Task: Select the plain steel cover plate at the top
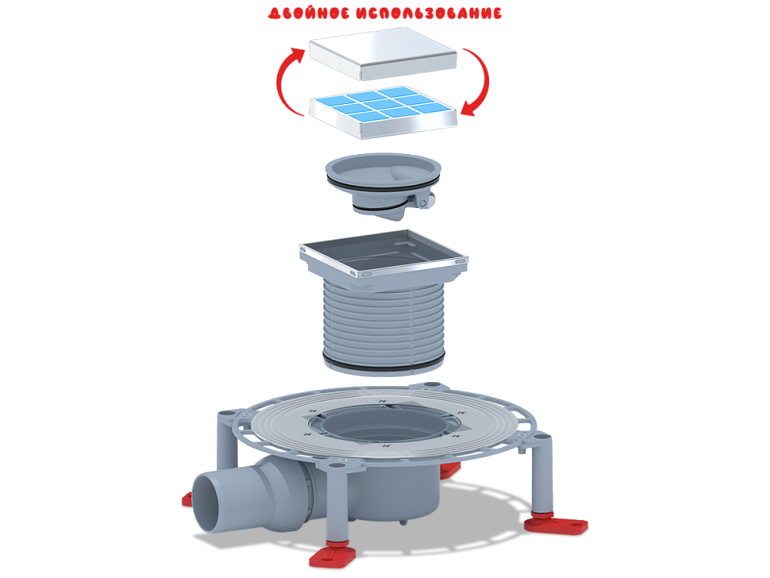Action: pos(383,53)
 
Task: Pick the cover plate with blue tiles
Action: pos(383,113)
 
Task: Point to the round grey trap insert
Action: pos(383,184)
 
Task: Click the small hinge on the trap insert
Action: pos(423,200)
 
